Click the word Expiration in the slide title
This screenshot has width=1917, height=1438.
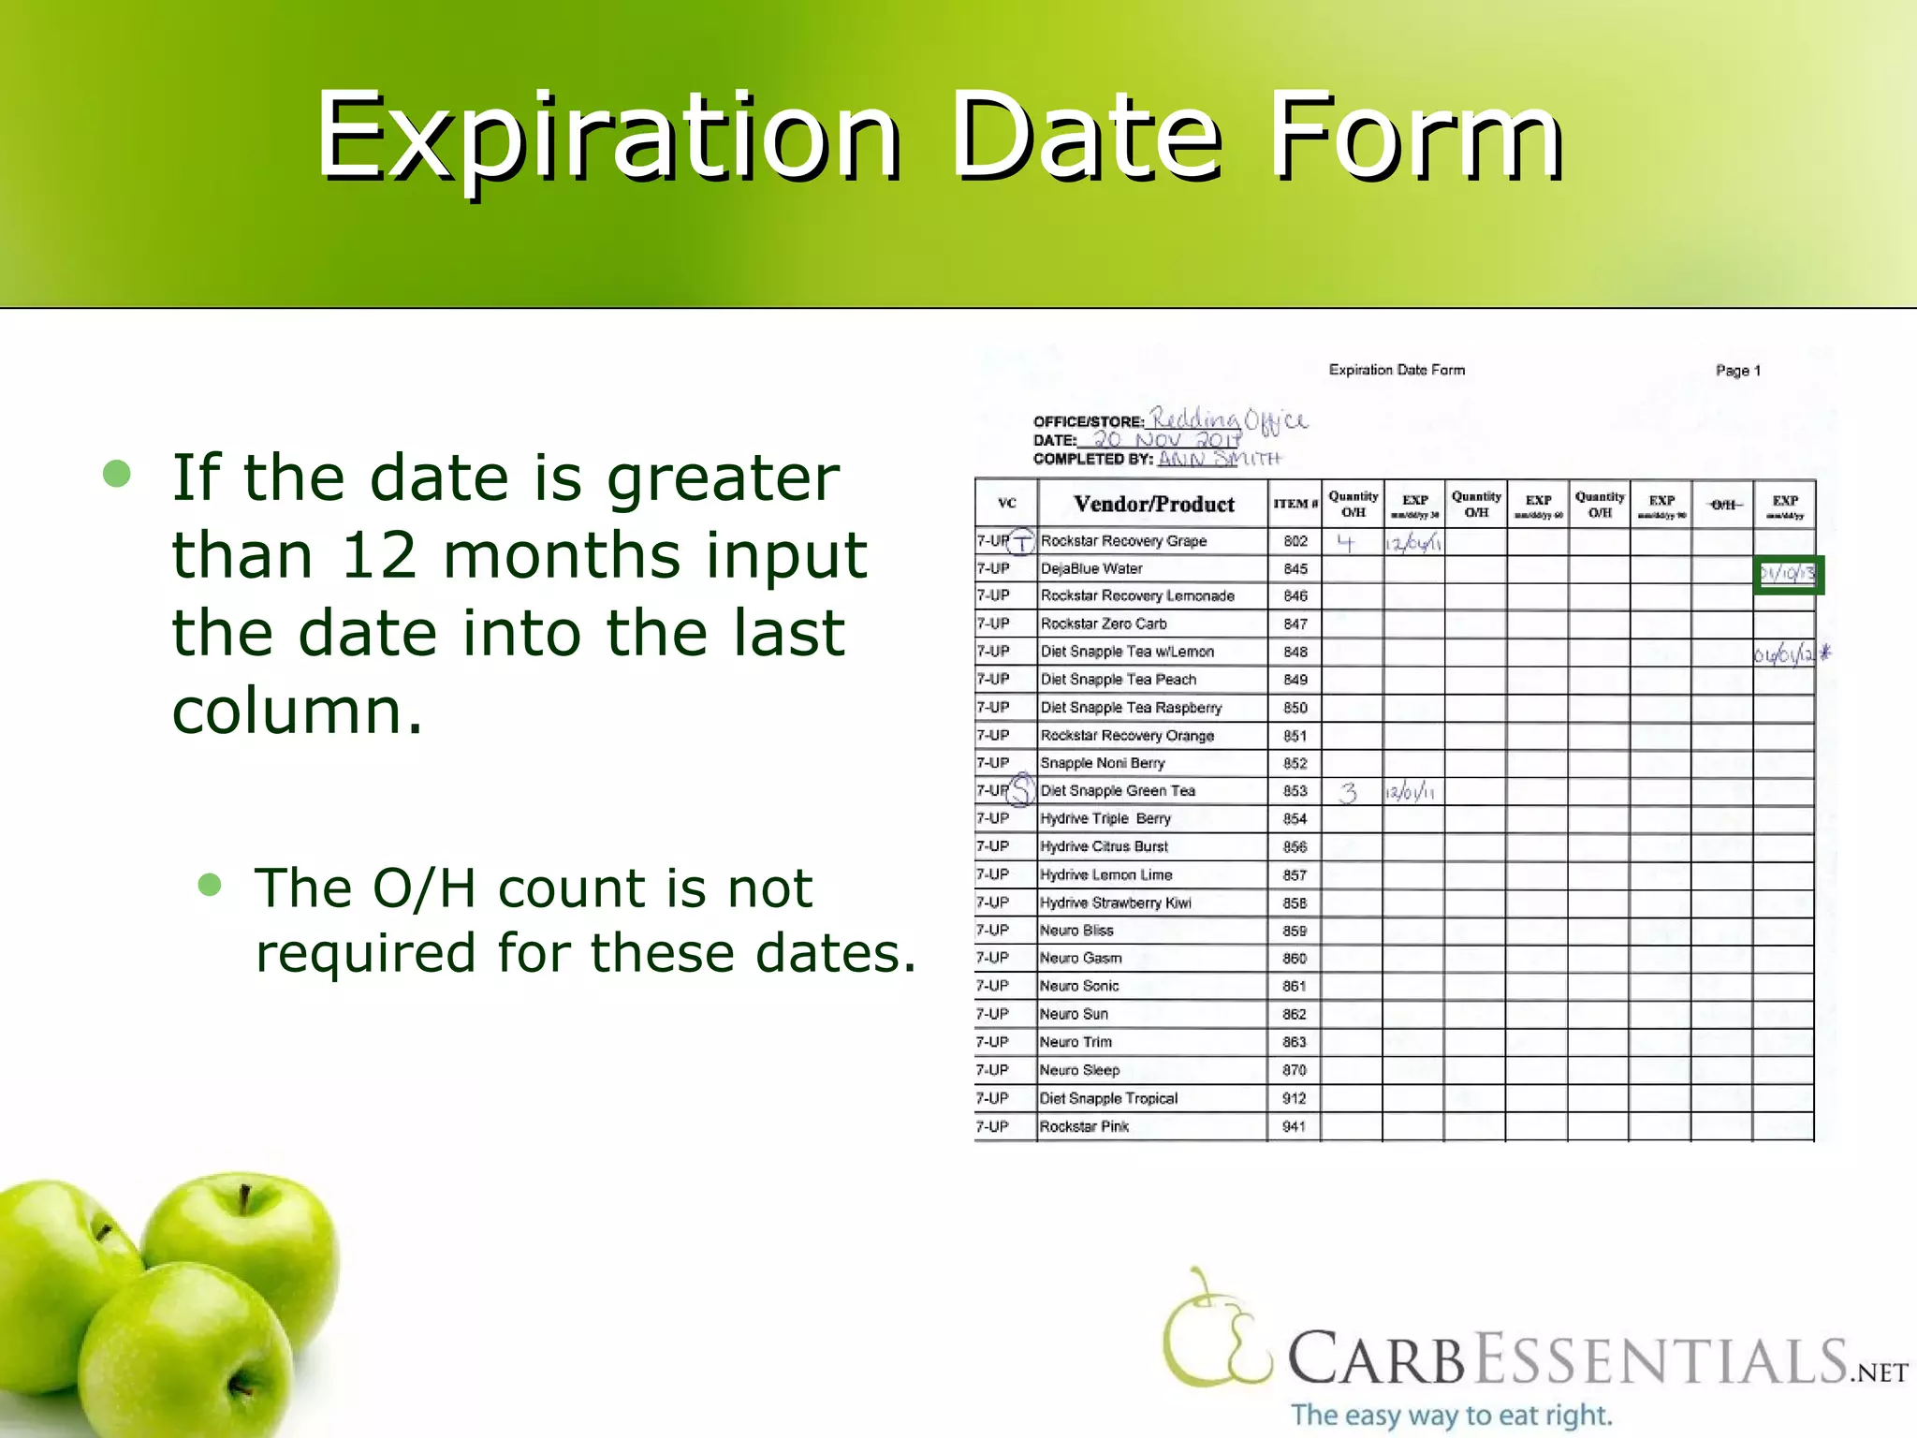[x=608, y=136]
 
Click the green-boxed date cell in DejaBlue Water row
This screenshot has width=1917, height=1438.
[x=1787, y=575]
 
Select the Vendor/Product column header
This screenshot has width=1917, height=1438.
[x=1153, y=505]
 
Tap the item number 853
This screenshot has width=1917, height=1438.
[x=1295, y=791]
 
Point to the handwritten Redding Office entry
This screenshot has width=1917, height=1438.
[x=1228, y=420]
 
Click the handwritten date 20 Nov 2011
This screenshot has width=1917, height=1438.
[x=1166, y=439]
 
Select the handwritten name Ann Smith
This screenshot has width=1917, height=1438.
[x=1219, y=459]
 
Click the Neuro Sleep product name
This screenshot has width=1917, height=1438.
[x=1079, y=1070]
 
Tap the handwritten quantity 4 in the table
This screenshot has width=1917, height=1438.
[x=1346, y=542]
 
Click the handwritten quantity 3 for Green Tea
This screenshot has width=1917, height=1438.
[x=1348, y=793]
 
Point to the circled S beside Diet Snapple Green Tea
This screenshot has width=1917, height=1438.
[x=1023, y=789]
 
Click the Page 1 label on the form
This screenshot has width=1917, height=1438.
[x=1737, y=371]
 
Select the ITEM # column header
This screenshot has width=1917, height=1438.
[x=1295, y=504]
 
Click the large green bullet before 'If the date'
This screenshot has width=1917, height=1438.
[x=117, y=474]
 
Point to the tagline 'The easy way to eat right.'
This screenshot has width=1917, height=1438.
[x=1452, y=1414]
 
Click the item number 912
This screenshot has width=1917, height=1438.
[x=1295, y=1098]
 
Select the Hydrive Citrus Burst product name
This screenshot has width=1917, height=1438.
[x=1104, y=846]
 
